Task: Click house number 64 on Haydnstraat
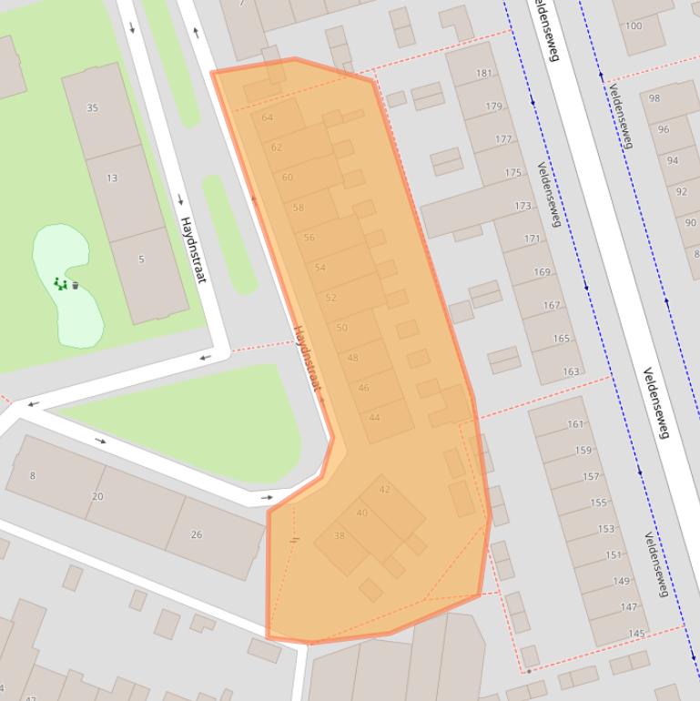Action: pos(267,117)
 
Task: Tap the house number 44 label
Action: pos(374,418)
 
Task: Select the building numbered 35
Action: pos(92,107)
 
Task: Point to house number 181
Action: pos(483,74)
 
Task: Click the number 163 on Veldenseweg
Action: pos(571,371)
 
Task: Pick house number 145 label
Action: pos(636,634)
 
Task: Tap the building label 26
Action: pos(196,534)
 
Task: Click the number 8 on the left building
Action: pos(33,475)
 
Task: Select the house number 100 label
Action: pos(633,26)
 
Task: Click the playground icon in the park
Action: pos(61,284)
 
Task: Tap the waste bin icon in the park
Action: pos(76,285)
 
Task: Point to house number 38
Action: pos(339,535)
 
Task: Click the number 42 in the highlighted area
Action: pos(384,490)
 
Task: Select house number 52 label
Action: pos(330,298)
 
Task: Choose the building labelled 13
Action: pos(112,178)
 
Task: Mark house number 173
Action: pos(522,206)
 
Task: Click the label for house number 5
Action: pos(141,259)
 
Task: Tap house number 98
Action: pos(654,98)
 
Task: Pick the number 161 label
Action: pos(575,424)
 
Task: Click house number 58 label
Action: pos(298,208)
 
